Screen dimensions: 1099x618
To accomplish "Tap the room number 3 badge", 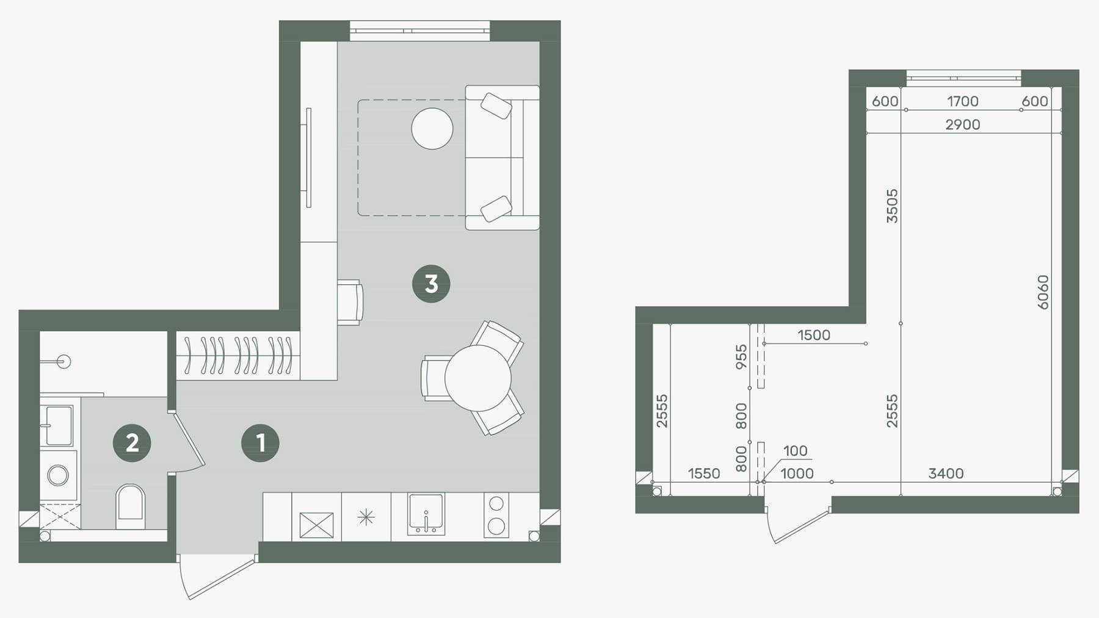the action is (x=431, y=284).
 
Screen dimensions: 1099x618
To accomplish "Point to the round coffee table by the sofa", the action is (x=432, y=129).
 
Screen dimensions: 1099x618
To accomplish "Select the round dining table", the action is (x=477, y=378).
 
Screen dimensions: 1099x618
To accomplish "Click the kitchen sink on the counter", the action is (x=426, y=514).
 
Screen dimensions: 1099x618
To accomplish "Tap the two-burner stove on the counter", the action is (x=496, y=515).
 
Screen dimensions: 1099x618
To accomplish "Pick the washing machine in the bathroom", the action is (x=59, y=475).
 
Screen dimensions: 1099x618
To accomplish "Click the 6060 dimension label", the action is (x=1043, y=292).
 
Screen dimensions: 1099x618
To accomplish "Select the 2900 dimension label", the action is (x=963, y=124).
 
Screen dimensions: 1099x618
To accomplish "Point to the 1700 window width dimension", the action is (x=963, y=101).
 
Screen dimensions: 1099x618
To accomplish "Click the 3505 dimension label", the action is (x=892, y=206).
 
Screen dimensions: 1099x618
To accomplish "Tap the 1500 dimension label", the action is (x=814, y=335).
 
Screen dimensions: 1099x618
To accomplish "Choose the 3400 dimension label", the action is (x=946, y=473).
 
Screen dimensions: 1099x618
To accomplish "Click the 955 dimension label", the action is (x=741, y=358).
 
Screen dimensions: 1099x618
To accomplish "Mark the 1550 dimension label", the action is (x=704, y=473).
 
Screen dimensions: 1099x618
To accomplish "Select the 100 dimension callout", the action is (x=795, y=451).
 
